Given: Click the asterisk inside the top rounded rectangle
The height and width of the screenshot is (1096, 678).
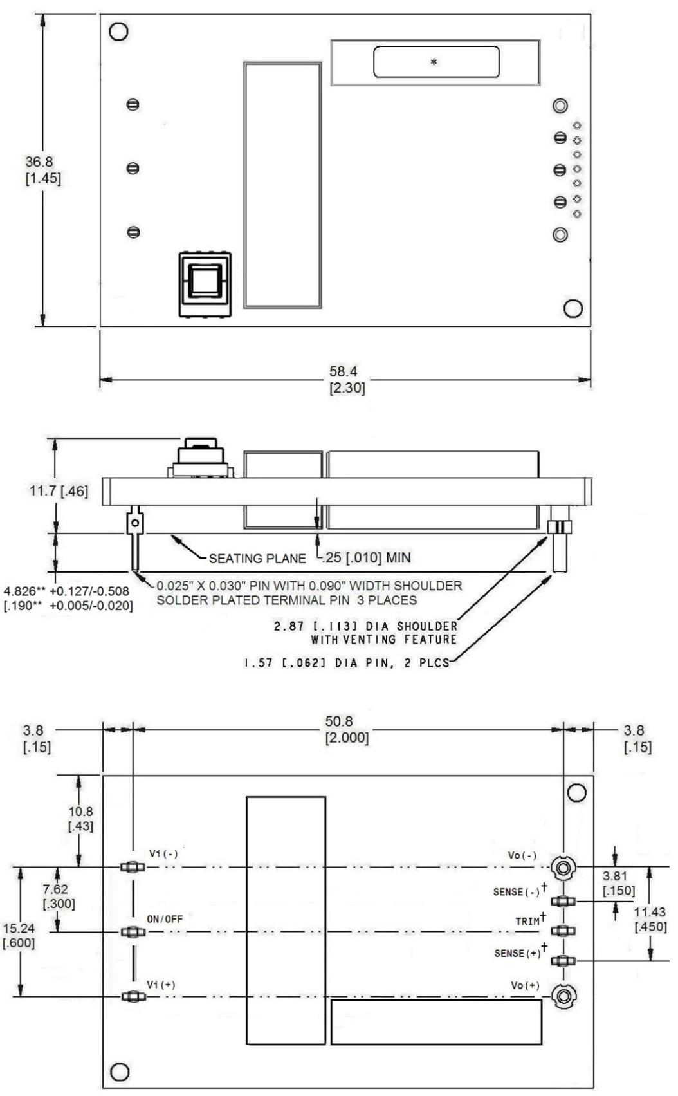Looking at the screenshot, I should pyautogui.click(x=434, y=62).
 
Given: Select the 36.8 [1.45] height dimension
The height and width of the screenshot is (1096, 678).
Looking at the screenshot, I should pyautogui.click(x=43, y=170).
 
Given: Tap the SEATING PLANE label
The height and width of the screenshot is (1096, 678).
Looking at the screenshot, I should pyautogui.click(x=257, y=559).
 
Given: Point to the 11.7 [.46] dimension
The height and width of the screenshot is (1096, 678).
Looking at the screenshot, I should pyautogui.click(x=59, y=492).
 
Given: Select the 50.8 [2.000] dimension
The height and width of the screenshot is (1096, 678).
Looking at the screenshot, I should pyautogui.click(x=347, y=729).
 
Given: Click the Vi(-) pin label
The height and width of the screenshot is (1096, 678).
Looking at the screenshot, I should pyautogui.click(x=163, y=853).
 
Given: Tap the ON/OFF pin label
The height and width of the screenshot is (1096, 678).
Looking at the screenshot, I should pyautogui.click(x=165, y=919).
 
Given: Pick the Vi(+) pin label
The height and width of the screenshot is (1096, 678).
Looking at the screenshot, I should pyautogui.click(x=161, y=985).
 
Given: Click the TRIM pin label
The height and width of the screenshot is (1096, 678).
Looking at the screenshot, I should pyautogui.click(x=527, y=921).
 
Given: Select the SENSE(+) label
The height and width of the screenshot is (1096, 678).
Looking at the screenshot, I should pyautogui.click(x=518, y=953).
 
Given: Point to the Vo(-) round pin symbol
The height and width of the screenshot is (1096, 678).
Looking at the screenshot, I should pyautogui.click(x=563, y=868).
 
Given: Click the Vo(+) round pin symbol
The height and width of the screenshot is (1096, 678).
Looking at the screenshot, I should pyautogui.click(x=564, y=997).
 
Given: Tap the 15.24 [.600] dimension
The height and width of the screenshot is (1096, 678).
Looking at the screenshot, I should pyautogui.click(x=19, y=936).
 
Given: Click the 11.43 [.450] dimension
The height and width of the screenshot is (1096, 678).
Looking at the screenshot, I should pyautogui.click(x=650, y=919).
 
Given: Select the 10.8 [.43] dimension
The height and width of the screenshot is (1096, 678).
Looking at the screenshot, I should pyautogui.click(x=80, y=819).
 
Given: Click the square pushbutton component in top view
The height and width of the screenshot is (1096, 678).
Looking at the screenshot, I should pyautogui.click(x=205, y=284).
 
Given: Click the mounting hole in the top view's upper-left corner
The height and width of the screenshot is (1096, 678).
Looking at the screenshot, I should pyautogui.click(x=118, y=32).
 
